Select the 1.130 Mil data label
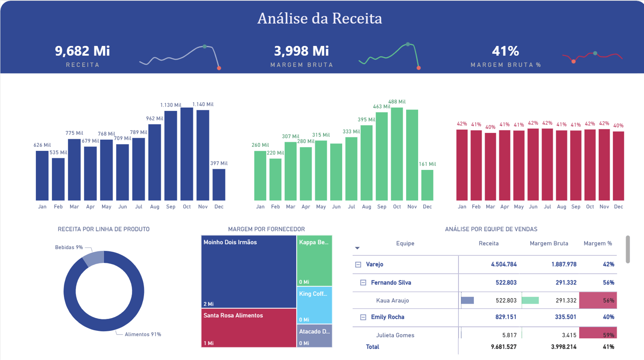pyautogui.click(x=170, y=105)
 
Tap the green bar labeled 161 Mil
pyautogui.click(x=427, y=185)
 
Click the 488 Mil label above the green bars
pyautogui.click(x=397, y=102)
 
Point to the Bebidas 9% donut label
pyautogui.click(x=69, y=247)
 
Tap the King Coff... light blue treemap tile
pyautogui.click(x=314, y=305)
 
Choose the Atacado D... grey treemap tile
pyautogui.click(x=314, y=336)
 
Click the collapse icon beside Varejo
pyautogui.click(x=358, y=264)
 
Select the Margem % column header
pyautogui.click(x=597, y=243)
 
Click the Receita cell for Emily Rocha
pyautogui.click(x=506, y=317)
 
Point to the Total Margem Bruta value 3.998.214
pyautogui.click(x=563, y=347)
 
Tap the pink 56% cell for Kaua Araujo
pyautogui.click(x=598, y=300)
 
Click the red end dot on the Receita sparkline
pyautogui.click(x=219, y=68)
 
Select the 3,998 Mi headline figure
pyautogui.click(x=301, y=51)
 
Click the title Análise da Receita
pyautogui.click(x=319, y=18)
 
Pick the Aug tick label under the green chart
pyautogui.click(x=366, y=206)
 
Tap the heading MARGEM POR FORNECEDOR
pyautogui.click(x=266, y=229)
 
